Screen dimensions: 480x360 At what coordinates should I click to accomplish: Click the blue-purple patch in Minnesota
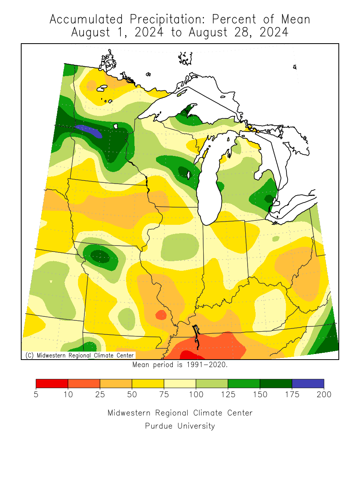[x=89, y=130]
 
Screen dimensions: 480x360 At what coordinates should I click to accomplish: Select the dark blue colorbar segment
[x=308, y=384]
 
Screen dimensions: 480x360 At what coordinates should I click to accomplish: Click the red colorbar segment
[x=52, y=384]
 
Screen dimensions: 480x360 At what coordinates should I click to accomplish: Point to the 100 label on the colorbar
[x=196, y=395]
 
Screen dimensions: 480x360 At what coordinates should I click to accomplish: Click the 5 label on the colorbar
[x=36, y=395]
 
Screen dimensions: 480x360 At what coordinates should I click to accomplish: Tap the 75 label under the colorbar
[x=164, y=395]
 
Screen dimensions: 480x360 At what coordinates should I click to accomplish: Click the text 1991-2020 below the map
[x=208, y=365]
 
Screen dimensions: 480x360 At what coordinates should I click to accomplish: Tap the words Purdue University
[x=180, y=426]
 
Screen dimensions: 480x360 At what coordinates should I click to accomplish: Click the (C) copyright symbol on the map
[x=29, y=355]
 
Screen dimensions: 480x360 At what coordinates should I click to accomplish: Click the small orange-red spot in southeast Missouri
[x=161, y=315]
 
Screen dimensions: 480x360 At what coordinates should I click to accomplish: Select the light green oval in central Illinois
[x=180, y=246]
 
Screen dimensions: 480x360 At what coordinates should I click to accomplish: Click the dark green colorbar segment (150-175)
[x=276, y=384]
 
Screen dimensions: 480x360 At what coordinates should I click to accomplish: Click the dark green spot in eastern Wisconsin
[x=183, y=172]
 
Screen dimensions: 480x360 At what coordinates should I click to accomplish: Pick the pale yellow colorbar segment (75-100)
[x=180, y=384]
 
